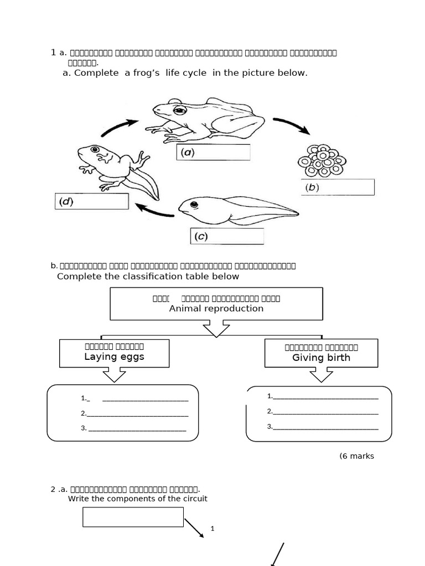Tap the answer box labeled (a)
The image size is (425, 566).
coord(213,153)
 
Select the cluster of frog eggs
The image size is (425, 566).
coord(322,159)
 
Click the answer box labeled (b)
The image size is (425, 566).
coord(338,187)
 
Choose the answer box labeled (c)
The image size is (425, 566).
coord(227,237)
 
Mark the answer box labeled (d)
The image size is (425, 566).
coord(92,201)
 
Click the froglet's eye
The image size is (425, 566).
coord(95,149)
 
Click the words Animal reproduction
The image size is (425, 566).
coord(216,308)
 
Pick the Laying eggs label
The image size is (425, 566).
coord(114,357)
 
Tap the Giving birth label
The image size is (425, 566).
coord(321,358)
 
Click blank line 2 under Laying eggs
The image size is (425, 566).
coord(137,414)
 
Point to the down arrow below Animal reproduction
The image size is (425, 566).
coord(216,329)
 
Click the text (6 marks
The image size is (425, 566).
coord(356,456)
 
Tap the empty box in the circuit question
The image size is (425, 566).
coord(133,517)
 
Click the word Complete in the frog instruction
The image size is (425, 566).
coord(96,73)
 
